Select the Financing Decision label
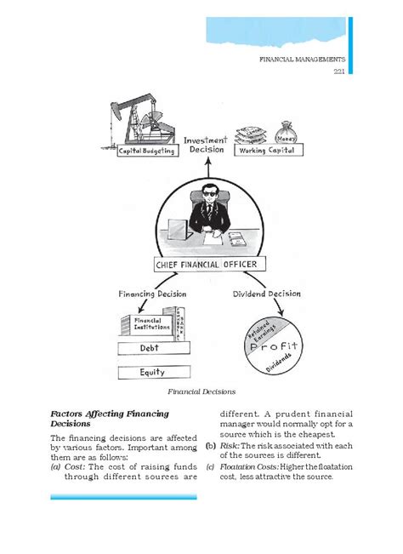[147, 294]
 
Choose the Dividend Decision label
[266, 294]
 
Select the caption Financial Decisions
[201, 391]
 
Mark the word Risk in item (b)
[227, 446]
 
